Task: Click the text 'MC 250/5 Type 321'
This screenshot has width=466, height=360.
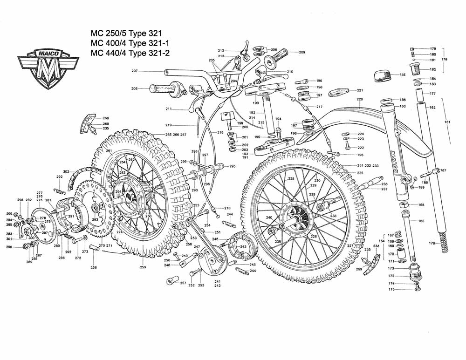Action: tap(123, 34)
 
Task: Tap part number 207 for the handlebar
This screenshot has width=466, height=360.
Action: tap(134, 71)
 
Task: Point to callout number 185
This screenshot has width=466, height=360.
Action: tap(403, 75)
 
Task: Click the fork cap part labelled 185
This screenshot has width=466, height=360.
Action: tap(385, 75)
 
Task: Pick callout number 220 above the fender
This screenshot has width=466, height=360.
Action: tap(360, 99)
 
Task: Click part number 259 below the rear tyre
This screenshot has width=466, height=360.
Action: tap(143, 267)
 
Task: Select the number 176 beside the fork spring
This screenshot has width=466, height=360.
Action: tap(432, 243)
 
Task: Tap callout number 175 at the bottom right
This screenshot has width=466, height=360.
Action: tap(392, 289)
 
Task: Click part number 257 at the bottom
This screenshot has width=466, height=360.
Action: tap(183, 283)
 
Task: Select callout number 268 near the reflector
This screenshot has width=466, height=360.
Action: tap(106, 118)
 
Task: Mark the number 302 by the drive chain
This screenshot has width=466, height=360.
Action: tap(66, 171)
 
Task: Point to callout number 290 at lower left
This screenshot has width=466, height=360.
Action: tap(9, 247)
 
